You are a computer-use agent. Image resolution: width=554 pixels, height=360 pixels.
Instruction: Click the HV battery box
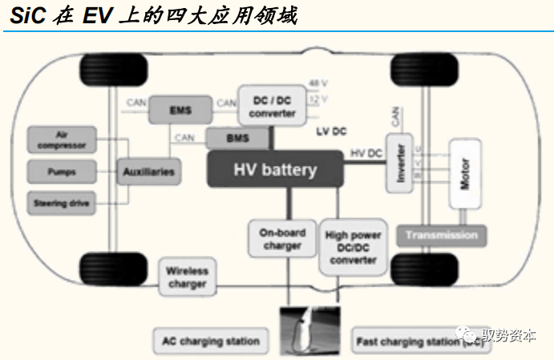275,169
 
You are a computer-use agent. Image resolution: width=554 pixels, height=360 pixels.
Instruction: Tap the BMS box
237,138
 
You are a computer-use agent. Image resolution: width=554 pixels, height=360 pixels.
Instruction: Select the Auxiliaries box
148,171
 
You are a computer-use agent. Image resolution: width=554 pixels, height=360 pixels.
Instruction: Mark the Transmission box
441,235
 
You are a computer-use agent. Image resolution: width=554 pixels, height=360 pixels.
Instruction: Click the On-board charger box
281,238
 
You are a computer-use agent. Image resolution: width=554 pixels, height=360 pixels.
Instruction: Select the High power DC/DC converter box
353,248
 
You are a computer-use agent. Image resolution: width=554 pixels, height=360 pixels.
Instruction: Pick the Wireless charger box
187,277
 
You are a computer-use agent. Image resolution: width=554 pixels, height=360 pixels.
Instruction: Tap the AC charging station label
211,341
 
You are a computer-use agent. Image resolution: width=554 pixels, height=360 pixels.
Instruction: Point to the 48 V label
319,84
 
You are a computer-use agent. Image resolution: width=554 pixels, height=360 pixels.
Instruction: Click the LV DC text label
331,130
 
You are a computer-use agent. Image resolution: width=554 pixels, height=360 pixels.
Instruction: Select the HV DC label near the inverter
366,153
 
